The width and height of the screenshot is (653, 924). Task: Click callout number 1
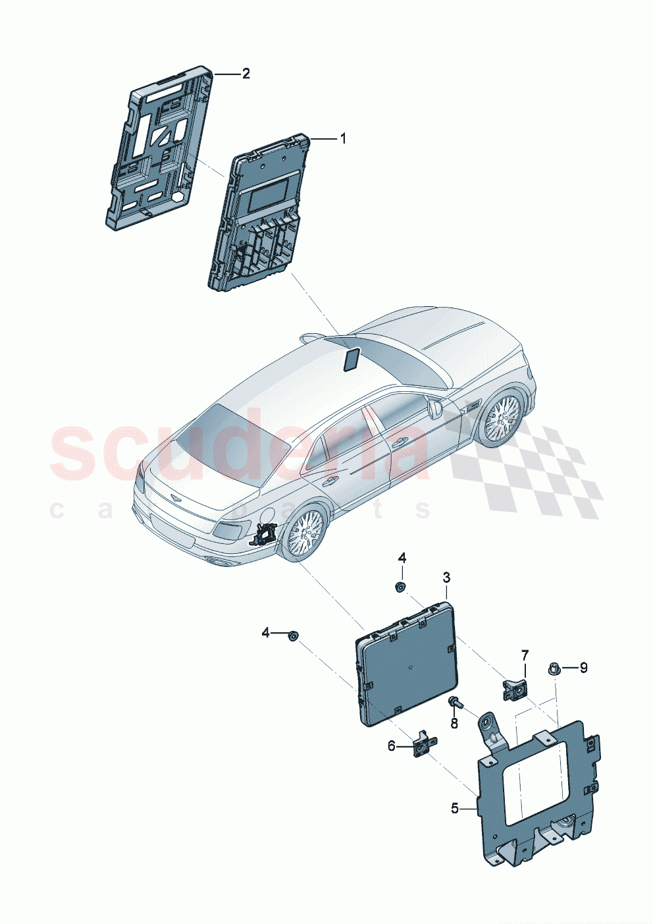(x=342, y=138)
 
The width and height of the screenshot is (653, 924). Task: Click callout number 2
(x=246, y=74)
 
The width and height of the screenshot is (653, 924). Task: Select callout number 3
(x=446, y=578)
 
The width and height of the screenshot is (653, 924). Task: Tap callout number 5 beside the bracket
(x=455, y=808)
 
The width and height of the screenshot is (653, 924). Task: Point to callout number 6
(x=392, y=746)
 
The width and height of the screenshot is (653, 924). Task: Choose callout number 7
(x=525, y=655)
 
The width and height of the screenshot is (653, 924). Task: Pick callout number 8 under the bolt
(x=454, y=723)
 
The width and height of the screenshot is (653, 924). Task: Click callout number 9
(x=583, y=668)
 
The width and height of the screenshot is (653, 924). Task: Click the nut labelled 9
(x=553, y=669)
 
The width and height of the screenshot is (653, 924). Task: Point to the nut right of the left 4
(x=293, y=634)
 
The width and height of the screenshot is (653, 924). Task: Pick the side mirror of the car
(x=435, y=409)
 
